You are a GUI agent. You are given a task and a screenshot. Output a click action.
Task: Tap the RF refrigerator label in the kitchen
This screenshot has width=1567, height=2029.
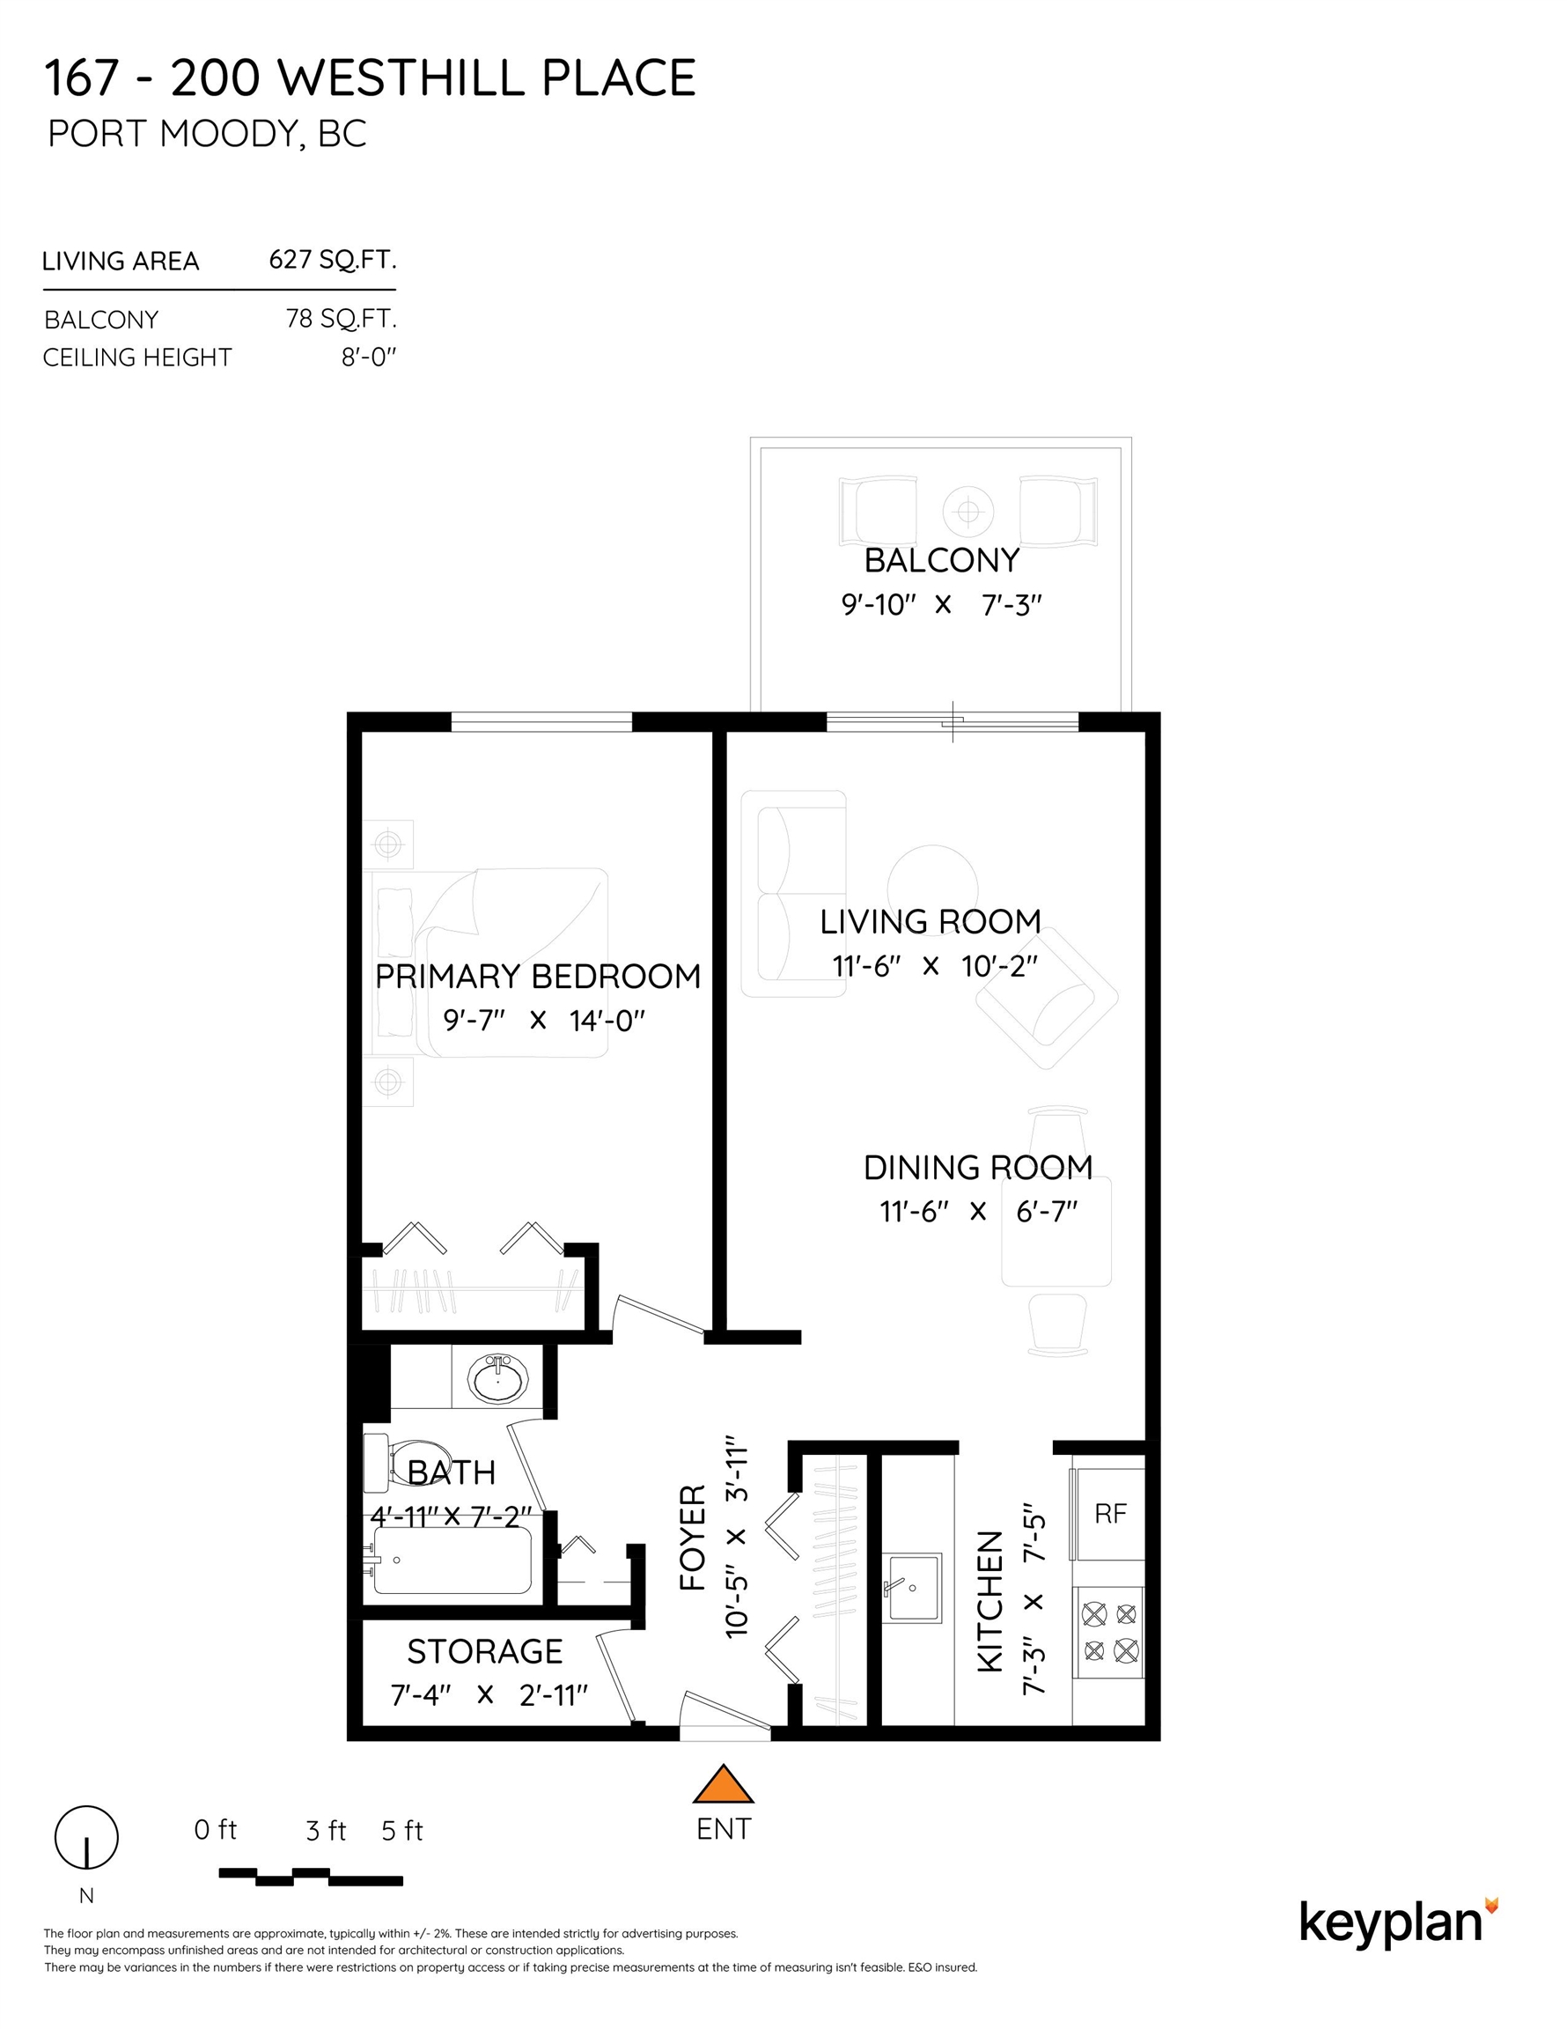tap(1110, 1514)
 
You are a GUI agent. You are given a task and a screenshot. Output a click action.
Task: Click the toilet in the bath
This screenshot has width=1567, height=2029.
tap(400, 1460)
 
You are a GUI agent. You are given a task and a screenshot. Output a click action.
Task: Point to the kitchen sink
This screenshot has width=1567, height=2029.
tap(911, 1587)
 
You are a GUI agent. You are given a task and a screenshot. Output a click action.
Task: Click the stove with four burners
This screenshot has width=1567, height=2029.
tap(1109, 1633)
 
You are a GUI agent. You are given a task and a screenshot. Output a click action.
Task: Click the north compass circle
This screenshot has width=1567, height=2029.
tap(86, 1837)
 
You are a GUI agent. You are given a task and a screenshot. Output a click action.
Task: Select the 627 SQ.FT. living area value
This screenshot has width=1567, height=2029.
tap(333, 259)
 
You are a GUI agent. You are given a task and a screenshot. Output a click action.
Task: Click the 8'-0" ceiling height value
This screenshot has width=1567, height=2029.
tap(369, 357)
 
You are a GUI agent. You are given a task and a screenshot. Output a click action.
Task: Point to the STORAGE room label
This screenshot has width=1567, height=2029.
tap(485, 1651)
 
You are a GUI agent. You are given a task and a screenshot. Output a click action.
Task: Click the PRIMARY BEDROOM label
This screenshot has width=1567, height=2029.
tap(538, 977)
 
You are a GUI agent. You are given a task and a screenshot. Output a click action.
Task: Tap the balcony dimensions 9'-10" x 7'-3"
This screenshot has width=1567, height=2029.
tap(942, 605)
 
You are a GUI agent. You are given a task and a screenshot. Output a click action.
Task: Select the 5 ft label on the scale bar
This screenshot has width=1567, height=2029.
tap(402, 1830)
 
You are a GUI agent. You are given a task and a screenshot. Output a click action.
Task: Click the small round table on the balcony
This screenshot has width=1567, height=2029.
tap(967, 510)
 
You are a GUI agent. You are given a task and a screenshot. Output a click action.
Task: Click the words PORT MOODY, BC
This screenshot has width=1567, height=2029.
tap(207, 134)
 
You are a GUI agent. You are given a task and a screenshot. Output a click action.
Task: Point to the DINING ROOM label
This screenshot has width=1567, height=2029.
tap(978, 1168)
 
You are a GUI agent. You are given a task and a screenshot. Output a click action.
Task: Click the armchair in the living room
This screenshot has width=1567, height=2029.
tap(1047, 998)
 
